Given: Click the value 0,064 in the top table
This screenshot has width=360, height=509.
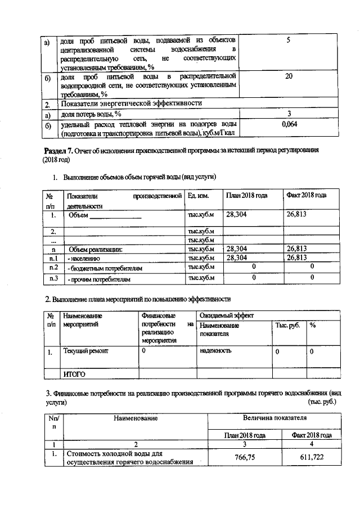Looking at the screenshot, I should pos(288,124).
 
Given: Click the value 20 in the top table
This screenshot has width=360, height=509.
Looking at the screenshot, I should pos(288,75).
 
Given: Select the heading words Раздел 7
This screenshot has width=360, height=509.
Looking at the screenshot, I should pos(58,151).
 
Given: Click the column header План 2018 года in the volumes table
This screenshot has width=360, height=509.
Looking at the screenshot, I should pos(246,195).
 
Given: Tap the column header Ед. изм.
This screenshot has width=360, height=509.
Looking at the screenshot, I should pos(199,195).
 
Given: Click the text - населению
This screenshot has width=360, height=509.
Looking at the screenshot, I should pos(84,258).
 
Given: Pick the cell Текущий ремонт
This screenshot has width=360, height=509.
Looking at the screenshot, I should pos(85,351).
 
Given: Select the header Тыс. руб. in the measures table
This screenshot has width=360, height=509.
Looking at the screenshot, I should pos(287,326).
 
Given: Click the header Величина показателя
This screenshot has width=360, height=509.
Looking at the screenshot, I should pos(274,419).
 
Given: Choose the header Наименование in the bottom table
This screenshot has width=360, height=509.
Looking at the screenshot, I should pos(135,419).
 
